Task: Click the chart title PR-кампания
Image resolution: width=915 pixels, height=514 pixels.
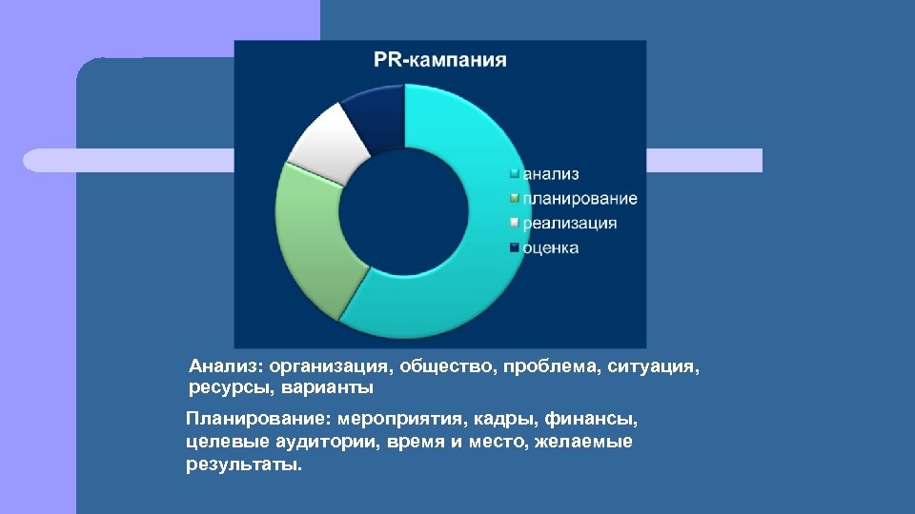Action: (x=439, y=60)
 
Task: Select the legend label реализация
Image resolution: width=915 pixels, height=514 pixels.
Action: (x=569, y=224)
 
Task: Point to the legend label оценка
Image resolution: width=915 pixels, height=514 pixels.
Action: (x=550, y=248)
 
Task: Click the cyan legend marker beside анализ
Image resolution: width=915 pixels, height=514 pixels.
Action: (x=515, y=174)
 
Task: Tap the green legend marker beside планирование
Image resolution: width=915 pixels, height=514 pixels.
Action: (x=515, y=199)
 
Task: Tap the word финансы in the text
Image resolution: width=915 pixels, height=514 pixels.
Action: (x=597, y=419)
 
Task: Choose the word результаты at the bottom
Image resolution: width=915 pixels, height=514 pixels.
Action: (x=243, y=466)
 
